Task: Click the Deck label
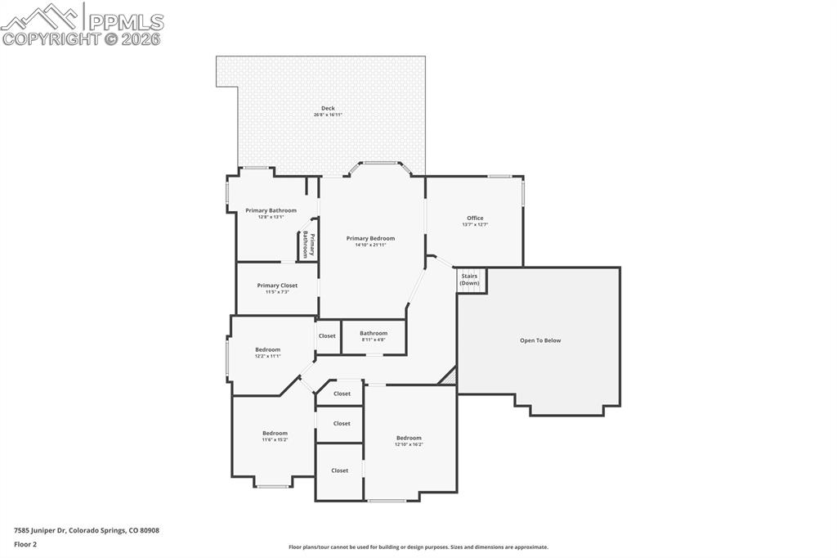pyautogui.click(x=328, y=108)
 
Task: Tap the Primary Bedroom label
pyautogui.click(x=370, y=238)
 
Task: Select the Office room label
pyautogui.click(x=475, y=218)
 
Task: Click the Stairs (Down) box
pyautogui.click(x=470, y=280)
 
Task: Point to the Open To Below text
pyautogui.click(x=540, y=340)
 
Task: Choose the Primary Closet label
pyautogui.click(x=277, y=286)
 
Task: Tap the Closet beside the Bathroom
pyautogui.click(x=327, y=335)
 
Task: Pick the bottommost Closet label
pyautogui.click(x=339, y=470)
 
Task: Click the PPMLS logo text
pyautogui.click(x=124, y=22)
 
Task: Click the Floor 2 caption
pyautogui.click(x=25, y=543)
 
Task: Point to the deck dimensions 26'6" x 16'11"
pyautogui.click(x=328, y=115)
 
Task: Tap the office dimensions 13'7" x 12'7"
pyautogui.click(x=475, y=224)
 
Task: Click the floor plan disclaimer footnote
pyautogui.click(x=418, y=547)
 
